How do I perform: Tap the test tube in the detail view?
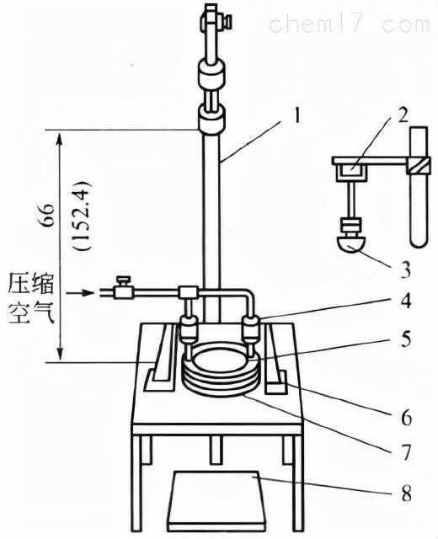pos(418,189)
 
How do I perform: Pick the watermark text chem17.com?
pos(349,23)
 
